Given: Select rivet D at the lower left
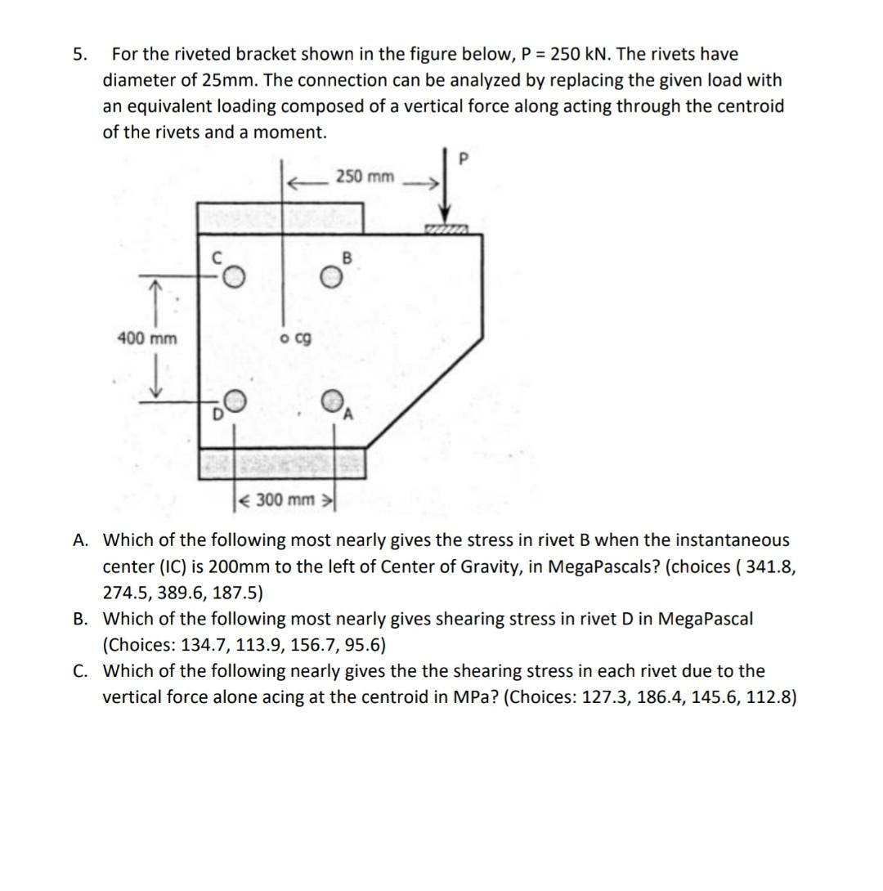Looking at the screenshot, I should [x=234, y=400].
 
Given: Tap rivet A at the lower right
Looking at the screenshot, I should [x=330, y=401].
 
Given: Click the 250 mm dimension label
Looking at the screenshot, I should [x=365, y=177].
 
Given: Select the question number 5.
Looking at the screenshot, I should [x=78, y=55].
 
